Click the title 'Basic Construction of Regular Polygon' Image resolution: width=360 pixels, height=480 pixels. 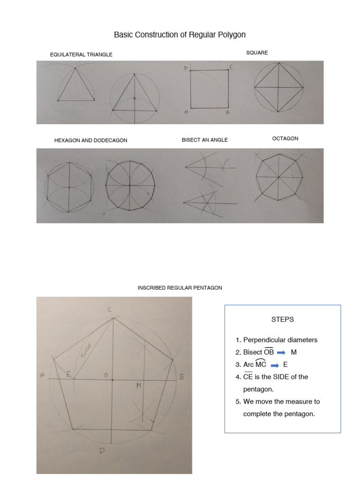(180, 35)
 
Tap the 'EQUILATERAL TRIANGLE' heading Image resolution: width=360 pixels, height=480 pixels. (81, 55)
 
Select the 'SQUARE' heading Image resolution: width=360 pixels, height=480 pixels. (257, 53)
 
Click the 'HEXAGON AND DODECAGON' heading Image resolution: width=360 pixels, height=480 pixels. (91, 140)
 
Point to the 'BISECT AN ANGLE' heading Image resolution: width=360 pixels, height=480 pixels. (205, 140)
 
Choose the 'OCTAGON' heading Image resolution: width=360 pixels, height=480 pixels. (285, 139)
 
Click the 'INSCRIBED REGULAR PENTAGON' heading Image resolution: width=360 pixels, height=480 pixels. (180, 288)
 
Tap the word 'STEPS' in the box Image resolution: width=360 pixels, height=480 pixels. (283, 320)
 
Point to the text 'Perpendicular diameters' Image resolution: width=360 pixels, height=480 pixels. (280, 340)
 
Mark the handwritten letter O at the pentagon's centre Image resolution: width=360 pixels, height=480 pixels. (106, 375)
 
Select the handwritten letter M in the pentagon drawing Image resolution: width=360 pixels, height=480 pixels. (139, 385)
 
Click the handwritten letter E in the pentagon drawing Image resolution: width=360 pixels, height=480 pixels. (68, 374)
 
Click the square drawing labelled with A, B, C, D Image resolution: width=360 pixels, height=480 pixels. (210, 89)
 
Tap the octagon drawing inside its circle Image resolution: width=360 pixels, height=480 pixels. (278, 177)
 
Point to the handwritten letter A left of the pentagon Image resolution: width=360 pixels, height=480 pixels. (42, 375)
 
